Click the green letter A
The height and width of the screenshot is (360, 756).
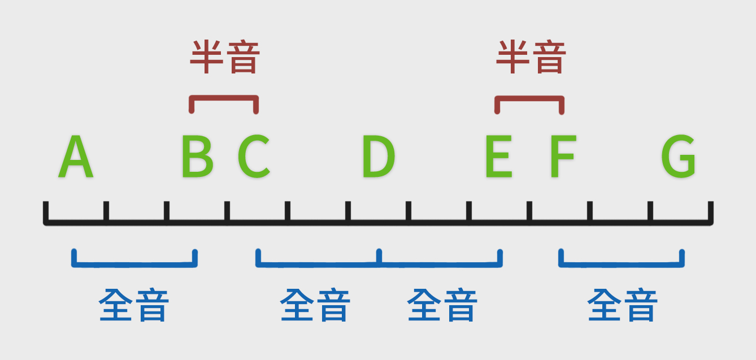pyautogui.click(x=76, y=156)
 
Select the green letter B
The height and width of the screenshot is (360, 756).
pyautogui.click(x=197, y=156)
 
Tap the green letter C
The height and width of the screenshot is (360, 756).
pyautogui.click(x=254, y=156)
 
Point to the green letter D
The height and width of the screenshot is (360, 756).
pyautogui.click(x=379, y=156)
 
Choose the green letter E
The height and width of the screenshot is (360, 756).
pyautogui.click(x=499, y=156)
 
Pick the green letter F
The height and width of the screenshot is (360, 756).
pyautogui.click(x=563, y=156)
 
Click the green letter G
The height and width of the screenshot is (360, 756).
pyautogui.click(x=678, y=156)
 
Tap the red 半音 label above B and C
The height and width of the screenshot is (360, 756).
pyautogui.click(x=225, y=57)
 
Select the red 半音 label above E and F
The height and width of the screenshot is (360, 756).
pyautogui.click(x=531, y=57)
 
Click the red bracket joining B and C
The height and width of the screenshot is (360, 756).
pyautogui.click(x=224, y=98)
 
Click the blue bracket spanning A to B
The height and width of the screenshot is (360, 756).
pyautogui.click(x=134, y=264)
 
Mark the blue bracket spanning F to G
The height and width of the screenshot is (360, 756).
pyautogui.click(x=622, y=264)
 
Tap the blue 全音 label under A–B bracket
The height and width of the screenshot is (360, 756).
pyautogui.click(x=134, y=305)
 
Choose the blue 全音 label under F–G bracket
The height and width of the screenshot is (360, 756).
pyautogui.click(x=623, y=305)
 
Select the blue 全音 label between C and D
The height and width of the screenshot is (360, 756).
pyautogui.click(x=315, y=305)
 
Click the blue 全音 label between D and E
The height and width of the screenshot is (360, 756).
pyautogui.click(x=442, y=305)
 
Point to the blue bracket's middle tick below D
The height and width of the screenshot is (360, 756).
pyautogui.click(x=379, y=256)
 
